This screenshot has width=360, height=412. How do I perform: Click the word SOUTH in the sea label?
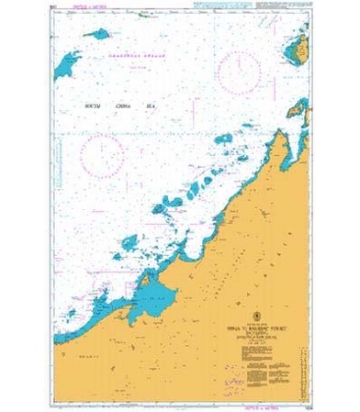pos(97,101)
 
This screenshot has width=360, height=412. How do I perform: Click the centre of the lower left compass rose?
pos(105,155)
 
